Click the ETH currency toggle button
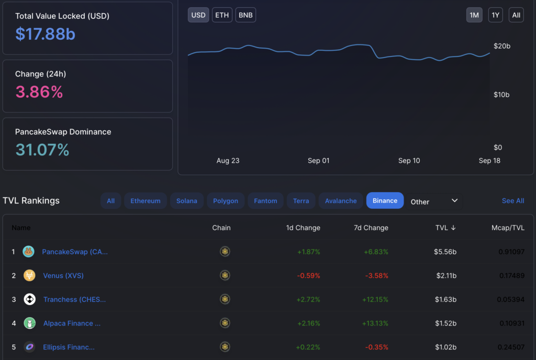click(x=222, y=15)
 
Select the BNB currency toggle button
click(x=245, y=15)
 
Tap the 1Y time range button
click(x=495, y=15)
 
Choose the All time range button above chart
click(x=516, y=15)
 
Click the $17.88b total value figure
click(x=45, y=34)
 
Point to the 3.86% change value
click(x=39, y=92)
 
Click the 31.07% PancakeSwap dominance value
click(x=42, y=150)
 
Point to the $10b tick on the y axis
click(x=501, y=95)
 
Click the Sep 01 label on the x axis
click(x=318, y=161)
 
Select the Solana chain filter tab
click(x=186, y=201)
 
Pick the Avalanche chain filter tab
click(x=341, y=201)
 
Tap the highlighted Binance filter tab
click(x=385, y=201)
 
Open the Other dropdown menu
click(x=434, y=201)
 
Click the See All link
click(x=512, y=201)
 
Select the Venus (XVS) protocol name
click(x=63, y=276)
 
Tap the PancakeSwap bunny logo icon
click(x=29, y=252)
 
